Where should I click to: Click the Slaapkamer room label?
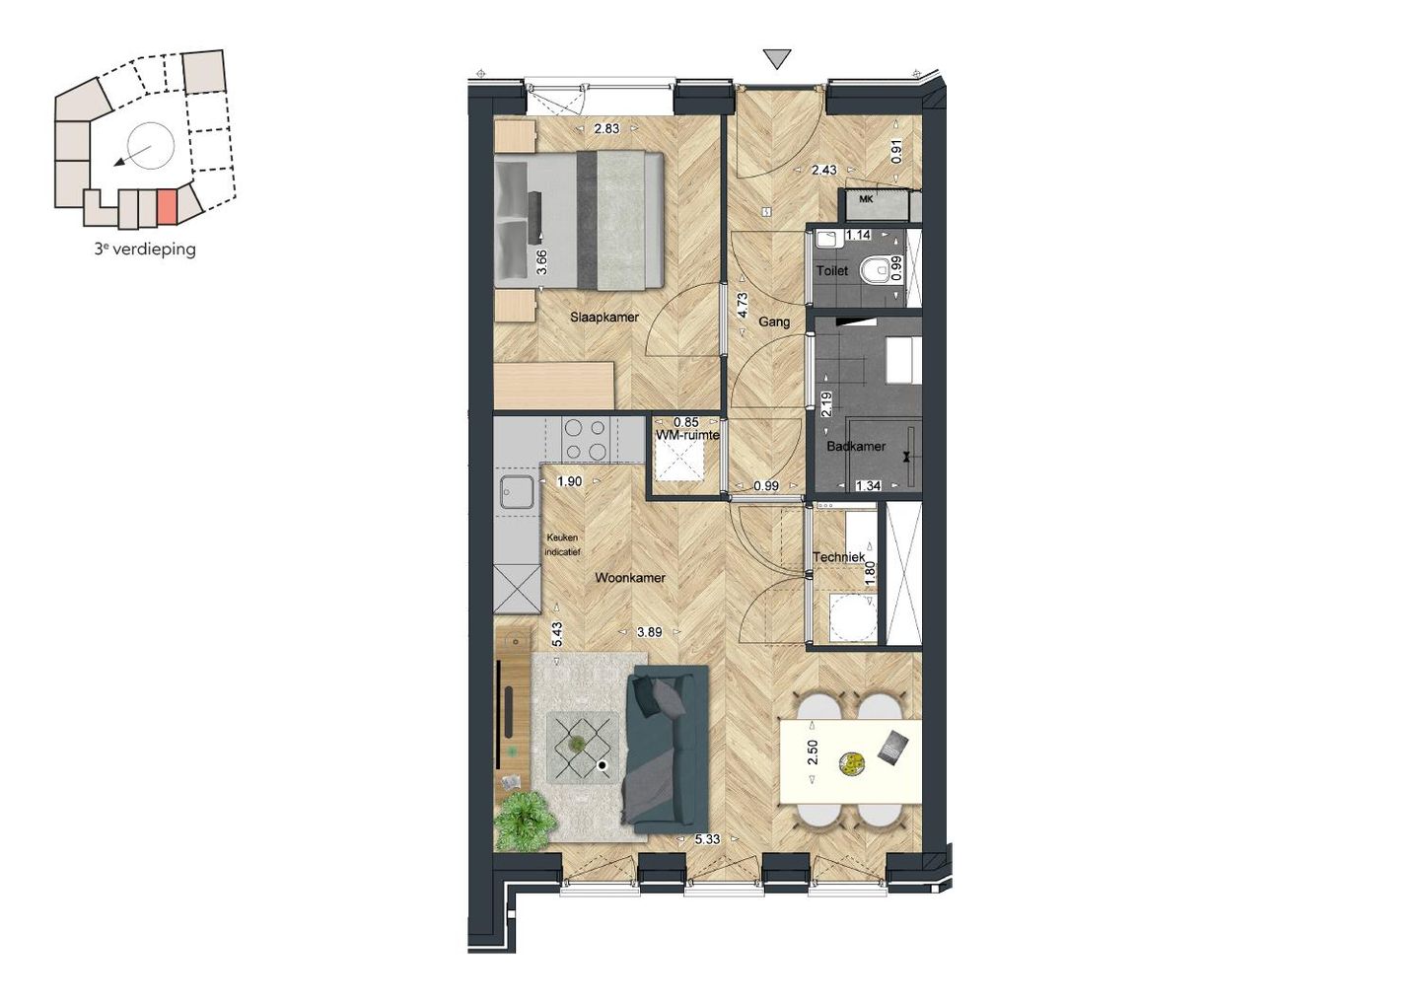coord(603,318)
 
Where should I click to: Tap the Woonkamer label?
coord(629,578)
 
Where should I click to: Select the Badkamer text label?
coord(856,446)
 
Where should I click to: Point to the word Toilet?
coord(831,270)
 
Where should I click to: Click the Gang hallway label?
coord(774,322)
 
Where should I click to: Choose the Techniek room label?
coord(838,557)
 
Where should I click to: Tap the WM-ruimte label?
coord(687,435)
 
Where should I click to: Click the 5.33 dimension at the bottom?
coord(707,839)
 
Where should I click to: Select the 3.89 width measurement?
coord(649,632)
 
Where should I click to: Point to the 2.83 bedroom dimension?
coord(606,128)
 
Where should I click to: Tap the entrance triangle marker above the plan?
coord(778,60)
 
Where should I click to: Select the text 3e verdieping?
coord(145,250)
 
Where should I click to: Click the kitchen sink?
coord(516,491)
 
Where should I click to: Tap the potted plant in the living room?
coord(524,821)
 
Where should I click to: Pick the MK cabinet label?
coord(866,199)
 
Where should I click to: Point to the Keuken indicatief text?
coord(562,544)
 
